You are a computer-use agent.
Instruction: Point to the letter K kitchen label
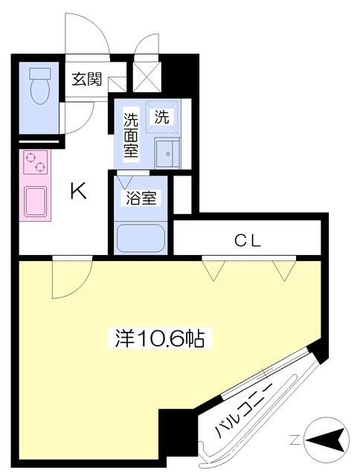[x=77, y=193]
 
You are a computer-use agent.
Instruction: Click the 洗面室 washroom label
[x=131, y=135]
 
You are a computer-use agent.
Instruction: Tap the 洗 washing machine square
[x=161, y=116]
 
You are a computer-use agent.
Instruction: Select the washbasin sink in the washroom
[x=167, y=153]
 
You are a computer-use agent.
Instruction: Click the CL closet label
[x=247, y=239]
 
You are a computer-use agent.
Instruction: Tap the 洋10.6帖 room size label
[x=160, y=339]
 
